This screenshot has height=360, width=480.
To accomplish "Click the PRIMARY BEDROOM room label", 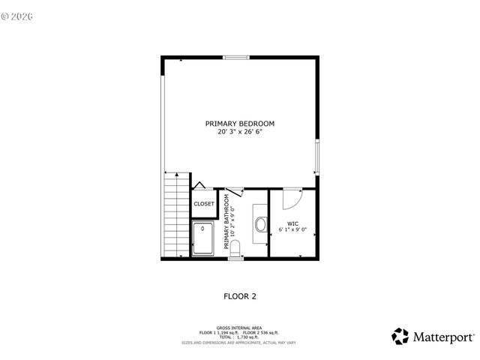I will (240, 123).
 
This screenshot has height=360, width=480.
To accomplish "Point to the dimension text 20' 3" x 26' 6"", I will (240, 131).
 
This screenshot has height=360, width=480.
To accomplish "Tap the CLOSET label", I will (204, 204).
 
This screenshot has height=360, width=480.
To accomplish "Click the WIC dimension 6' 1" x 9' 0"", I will (293, 229).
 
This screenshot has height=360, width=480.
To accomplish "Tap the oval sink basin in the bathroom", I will (261, 223).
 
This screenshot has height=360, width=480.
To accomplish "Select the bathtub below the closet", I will (204, 239).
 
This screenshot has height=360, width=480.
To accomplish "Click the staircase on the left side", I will (174, 214).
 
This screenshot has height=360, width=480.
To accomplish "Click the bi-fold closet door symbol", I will (199, 185).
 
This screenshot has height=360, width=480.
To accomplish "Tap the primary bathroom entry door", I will (234, 192).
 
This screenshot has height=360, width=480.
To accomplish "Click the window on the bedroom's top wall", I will (237, 57).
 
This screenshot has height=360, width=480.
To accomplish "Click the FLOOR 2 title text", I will (240, 296).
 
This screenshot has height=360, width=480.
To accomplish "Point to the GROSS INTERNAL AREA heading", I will (239, 328).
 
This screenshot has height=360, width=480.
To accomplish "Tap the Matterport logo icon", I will (401, 336).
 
